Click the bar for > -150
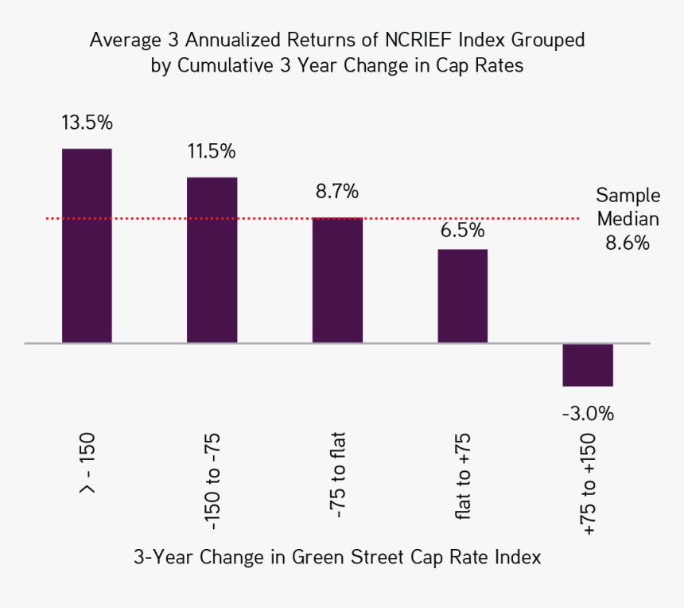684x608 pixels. (87, 246)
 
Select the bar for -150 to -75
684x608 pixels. (212, 260)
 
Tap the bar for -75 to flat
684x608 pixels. (337, 280)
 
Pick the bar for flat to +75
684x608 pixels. (462, 296)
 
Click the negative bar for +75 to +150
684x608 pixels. (588, 364)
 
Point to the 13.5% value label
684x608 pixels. (87, 123)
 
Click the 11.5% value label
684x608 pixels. (212, 152)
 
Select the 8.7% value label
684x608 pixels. (337, 192)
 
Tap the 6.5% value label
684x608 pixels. (462, 231)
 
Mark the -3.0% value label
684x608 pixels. (588, 414)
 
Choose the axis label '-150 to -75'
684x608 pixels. (212, 483)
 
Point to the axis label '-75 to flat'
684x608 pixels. (337, 476)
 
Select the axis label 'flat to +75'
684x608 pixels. (463, 477)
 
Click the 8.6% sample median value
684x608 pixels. (628, 244)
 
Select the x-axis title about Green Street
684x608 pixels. (337, 557)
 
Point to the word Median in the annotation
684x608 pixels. (628, 220)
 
